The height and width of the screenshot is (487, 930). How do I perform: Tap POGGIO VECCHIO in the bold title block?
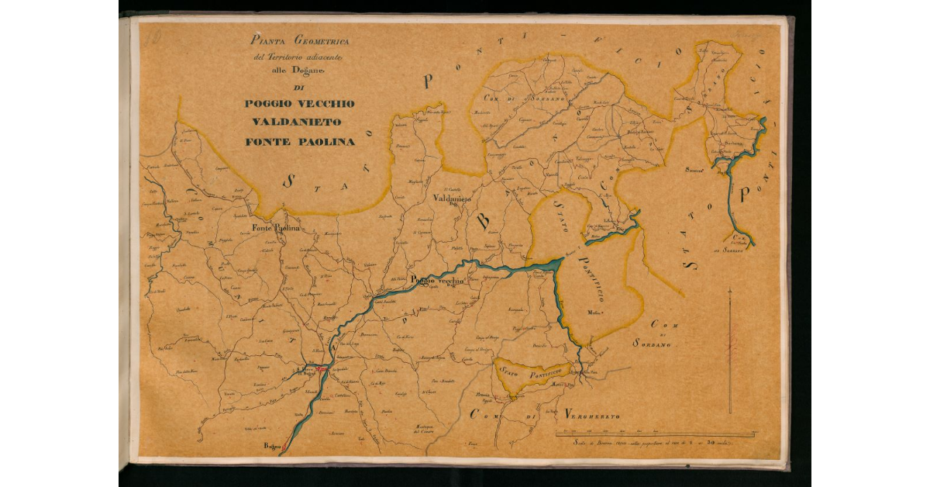click(299, 104)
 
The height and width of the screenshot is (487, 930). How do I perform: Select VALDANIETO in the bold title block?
click(299, 123)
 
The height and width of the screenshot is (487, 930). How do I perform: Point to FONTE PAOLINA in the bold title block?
click(299, 142)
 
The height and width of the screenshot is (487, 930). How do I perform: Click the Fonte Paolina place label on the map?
click(275, 228)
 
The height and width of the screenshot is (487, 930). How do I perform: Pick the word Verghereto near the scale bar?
click(593, 416)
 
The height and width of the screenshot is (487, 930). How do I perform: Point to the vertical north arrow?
click(729, 349)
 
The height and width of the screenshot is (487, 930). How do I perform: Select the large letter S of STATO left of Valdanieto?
click(288, 181)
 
